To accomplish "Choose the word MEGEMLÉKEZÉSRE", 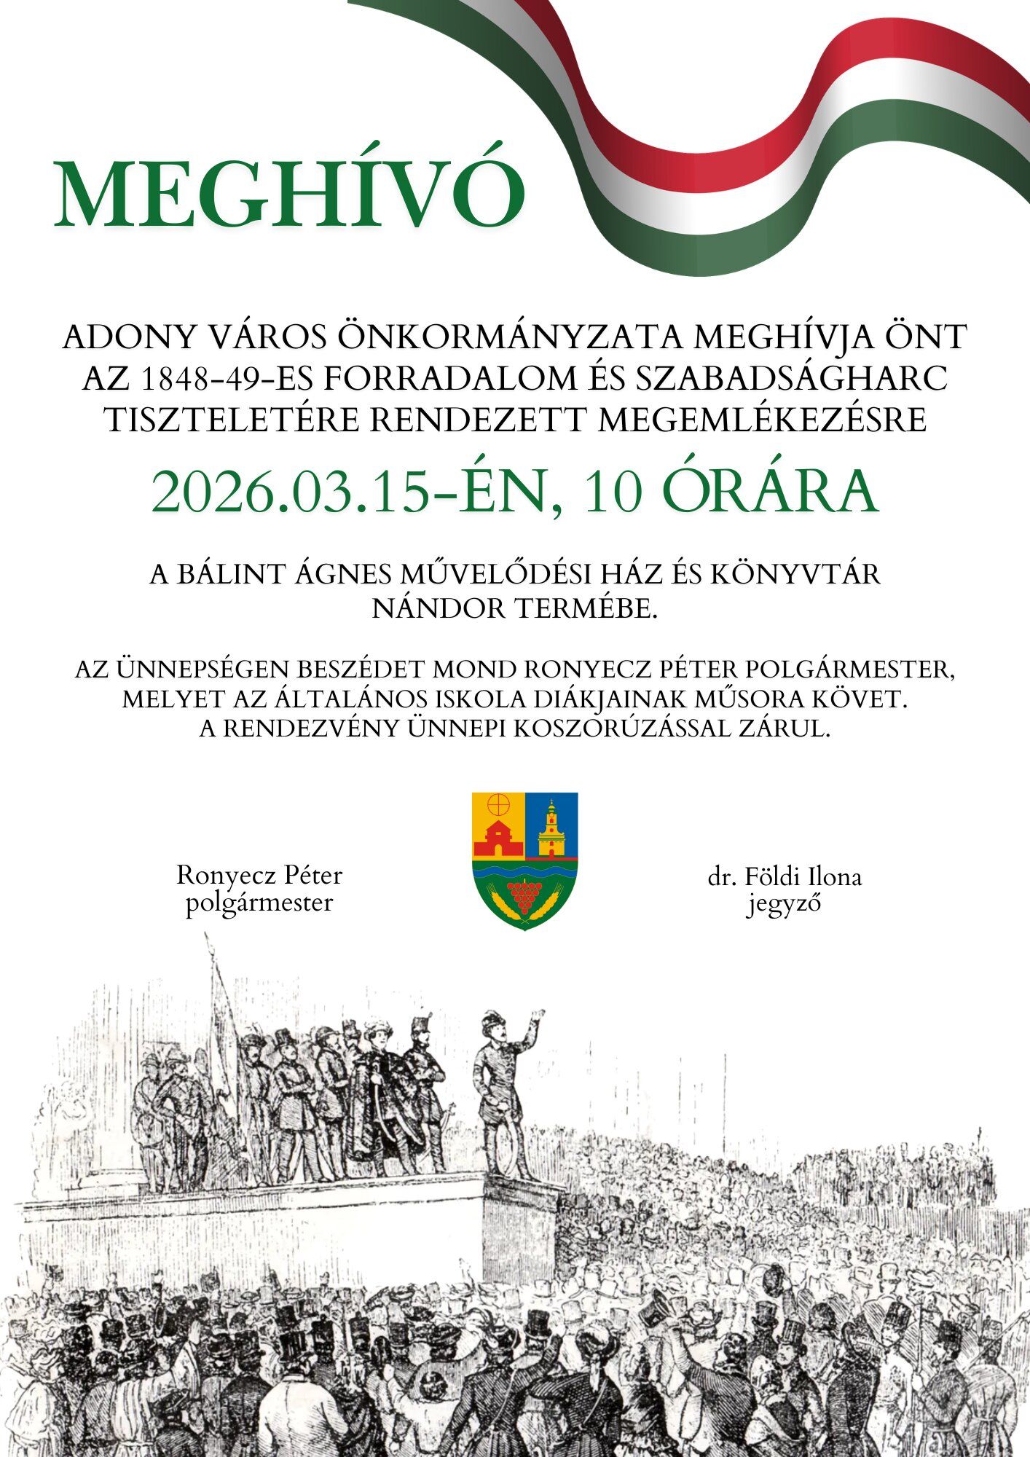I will (x=763, y=420).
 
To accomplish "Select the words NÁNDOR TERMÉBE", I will (x=514, y=608).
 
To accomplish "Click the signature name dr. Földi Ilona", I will (x=784, y=876).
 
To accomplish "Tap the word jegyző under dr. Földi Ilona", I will (x=784, y=904).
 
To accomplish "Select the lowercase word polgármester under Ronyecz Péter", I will (x=259, y=903).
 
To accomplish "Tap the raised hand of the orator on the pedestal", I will (x=538, y=1013).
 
